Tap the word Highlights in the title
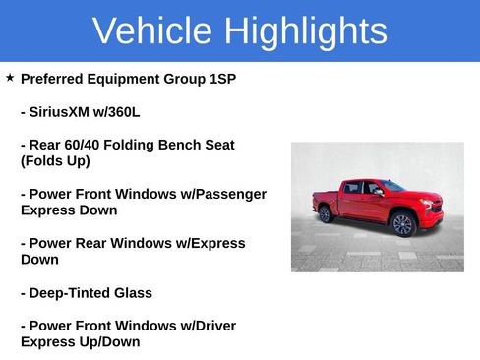click(305, 31)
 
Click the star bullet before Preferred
click(10, 77)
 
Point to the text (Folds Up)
click(55, 160)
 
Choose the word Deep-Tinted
click(72, 292)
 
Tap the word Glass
click(133, 292)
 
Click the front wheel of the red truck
click(401, 223)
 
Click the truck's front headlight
click(428, 203)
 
